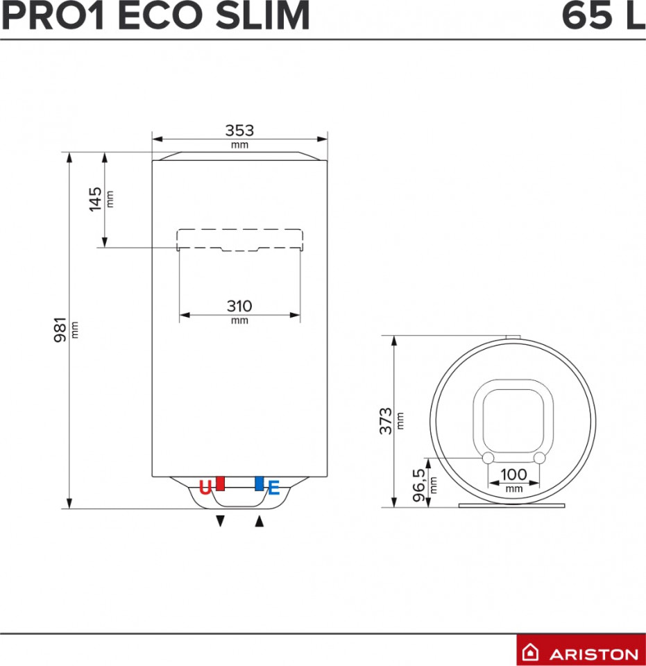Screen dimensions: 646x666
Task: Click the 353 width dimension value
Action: pos(239,130)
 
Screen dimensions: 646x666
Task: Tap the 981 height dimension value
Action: pos(60,330)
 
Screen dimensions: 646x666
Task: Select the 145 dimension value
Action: pos(95,199)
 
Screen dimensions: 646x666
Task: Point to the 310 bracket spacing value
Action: pos(239,306)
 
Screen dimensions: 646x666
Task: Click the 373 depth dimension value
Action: pos(386,421)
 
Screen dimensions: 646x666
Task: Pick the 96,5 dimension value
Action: pos(419,485)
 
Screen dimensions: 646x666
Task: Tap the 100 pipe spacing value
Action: pos(514,475)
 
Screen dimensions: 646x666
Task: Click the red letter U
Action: pos(205,488)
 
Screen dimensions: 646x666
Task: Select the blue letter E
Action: pos(274,488)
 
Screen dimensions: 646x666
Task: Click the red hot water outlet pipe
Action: pos(220,484)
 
